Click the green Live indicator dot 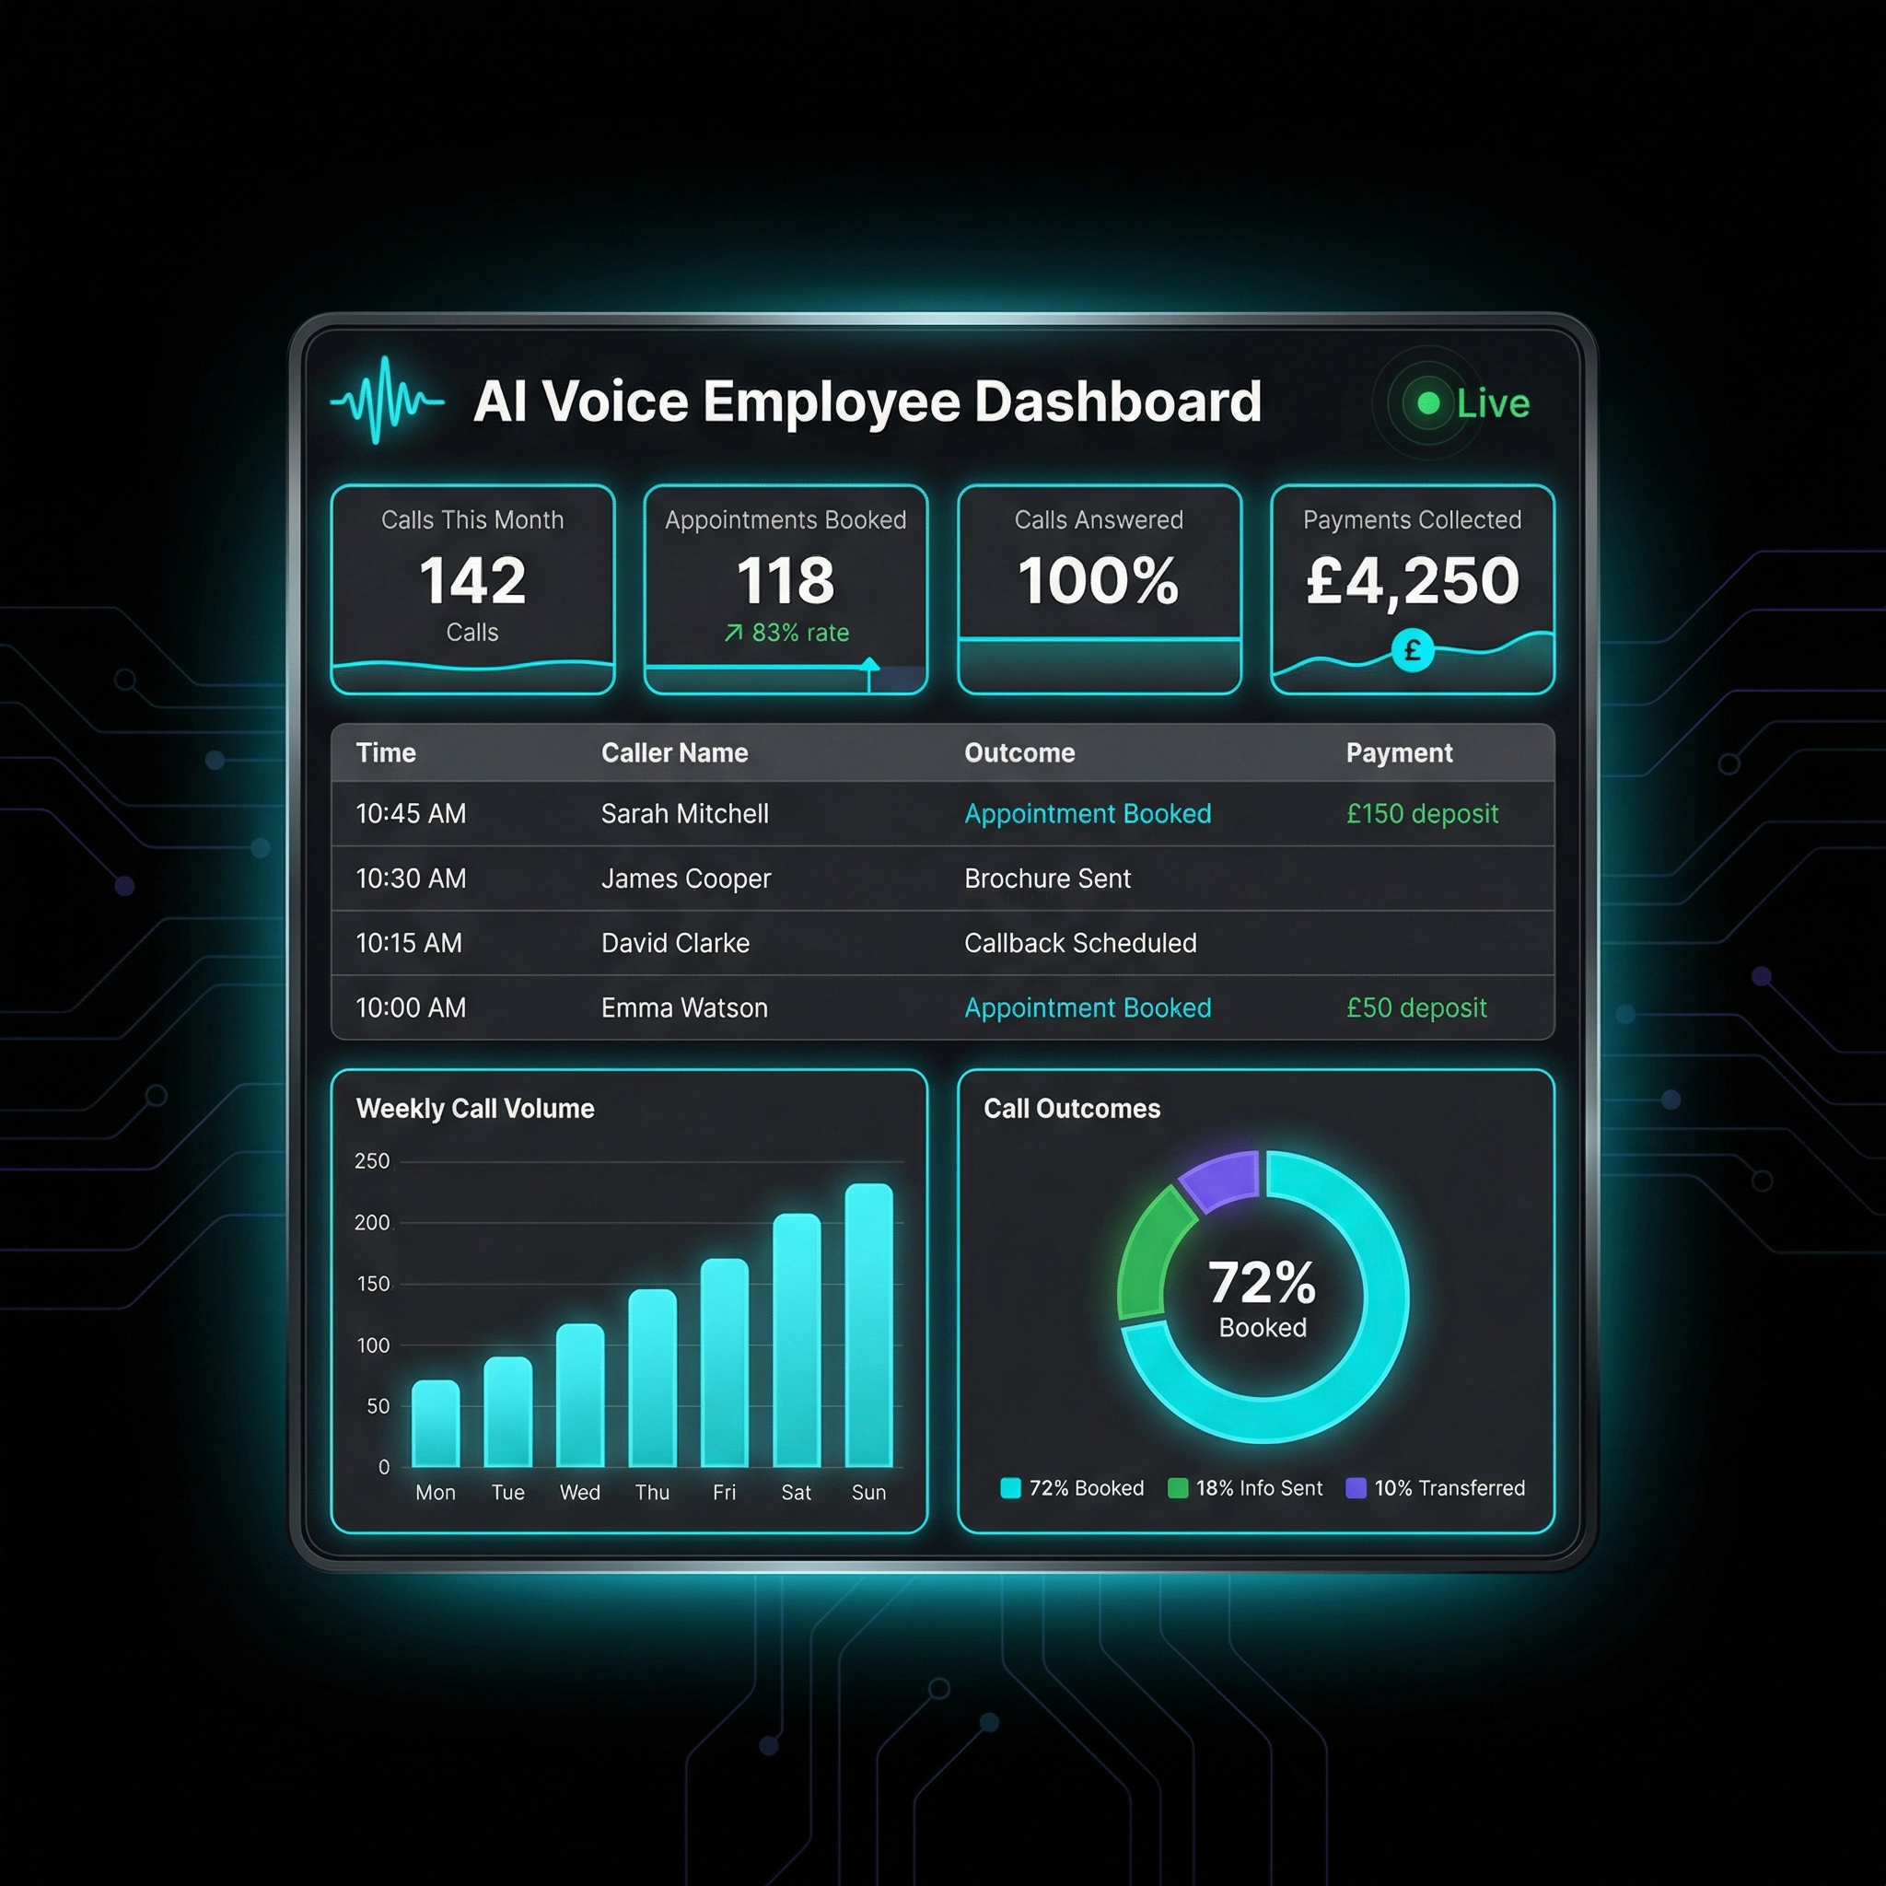(1428, 403)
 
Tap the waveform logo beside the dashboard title (388, 401)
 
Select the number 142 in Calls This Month (472, 580)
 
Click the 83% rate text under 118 (786, 633)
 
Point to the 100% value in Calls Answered (1099, 580)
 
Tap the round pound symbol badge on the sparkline (1413, 651)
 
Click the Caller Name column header (674, 752)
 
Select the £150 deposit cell (1421, 813)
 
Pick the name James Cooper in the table (685, 879)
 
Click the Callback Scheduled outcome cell (1079, 943)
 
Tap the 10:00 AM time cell (411, 1007)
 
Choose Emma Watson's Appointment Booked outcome (1088, 1007)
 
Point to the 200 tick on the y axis (372, 1222)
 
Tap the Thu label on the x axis (652, 1493)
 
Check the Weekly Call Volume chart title (475, 1109)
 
